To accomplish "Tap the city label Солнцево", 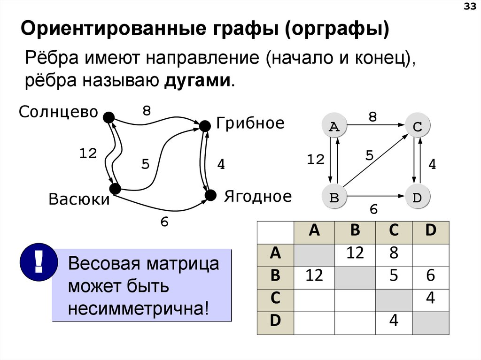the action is click(x=58, y=112).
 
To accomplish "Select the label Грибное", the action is click(x=250, y=123).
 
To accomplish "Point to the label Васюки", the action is click(x=78, y=200).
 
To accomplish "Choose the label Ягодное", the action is click(x=257, y=196).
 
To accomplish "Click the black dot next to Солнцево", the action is click(x=109, y=117).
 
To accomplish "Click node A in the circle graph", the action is click(x=334, y=126).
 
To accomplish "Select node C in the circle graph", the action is click(x=417, y=126).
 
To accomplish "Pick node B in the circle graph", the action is click(x=334, y=197).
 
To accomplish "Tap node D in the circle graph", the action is click(x=417, y=197).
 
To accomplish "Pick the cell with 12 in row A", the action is click(x=355, y=254).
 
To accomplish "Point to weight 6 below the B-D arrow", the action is click(x=373, y=210).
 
